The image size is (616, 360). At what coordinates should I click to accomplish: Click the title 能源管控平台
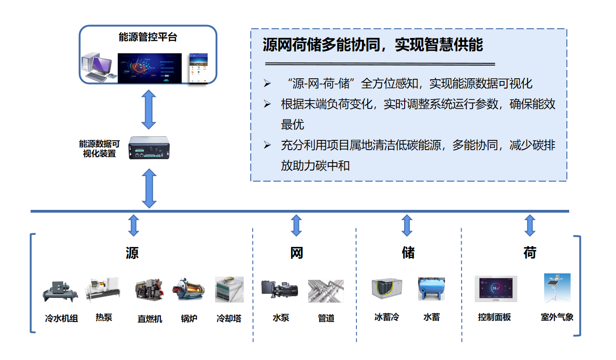[x=148, y=38]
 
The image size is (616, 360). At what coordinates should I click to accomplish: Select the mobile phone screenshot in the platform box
[x=198, y=69]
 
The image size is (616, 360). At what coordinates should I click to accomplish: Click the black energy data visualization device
[x=148, y=147]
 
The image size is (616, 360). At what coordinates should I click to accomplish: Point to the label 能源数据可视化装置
[x=99, y=149]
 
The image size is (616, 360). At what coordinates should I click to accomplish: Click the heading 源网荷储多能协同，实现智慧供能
[x=373, y=45]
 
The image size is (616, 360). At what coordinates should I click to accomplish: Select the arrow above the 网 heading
[x=296, y=225]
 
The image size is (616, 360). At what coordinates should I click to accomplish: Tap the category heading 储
[x=408, y=253]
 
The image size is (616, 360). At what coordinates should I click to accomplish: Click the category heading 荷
[x=530, y=253]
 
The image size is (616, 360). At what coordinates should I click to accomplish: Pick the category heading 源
[x=132, y=253]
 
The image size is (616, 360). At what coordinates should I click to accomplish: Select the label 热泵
[x=104, y=317]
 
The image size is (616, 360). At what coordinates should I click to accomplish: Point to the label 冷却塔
[x=229, y=319]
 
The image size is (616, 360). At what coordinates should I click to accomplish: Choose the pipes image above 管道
[x=326, y=291]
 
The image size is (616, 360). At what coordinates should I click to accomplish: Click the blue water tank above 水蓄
[x=431, y=290]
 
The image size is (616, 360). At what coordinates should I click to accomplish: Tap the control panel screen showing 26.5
[x=495, y=289]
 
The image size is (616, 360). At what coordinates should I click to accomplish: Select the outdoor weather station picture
[x=557, y=288]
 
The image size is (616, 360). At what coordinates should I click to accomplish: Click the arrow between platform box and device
[x=148, y=110]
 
